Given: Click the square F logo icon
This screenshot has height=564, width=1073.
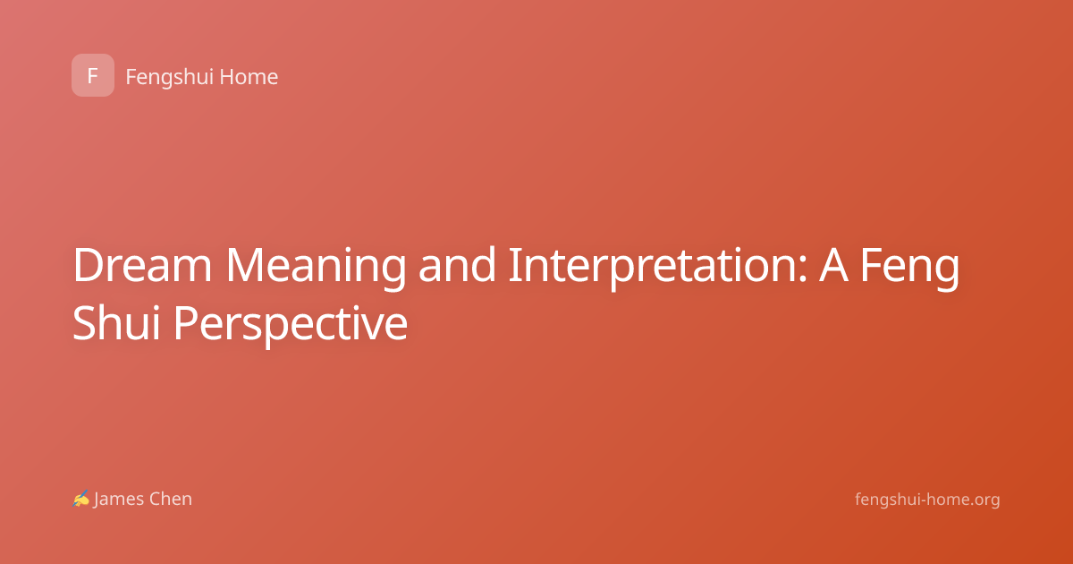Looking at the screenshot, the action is coord(93,75).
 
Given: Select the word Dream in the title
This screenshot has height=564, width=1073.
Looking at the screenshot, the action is coord(142,265).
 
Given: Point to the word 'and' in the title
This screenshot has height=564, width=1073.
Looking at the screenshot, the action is coord(457,264).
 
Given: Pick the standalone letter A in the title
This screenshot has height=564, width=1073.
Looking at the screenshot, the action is coord(834,265).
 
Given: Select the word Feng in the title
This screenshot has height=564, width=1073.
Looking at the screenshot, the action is coord(910,269).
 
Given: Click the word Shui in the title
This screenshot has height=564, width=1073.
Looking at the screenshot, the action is coord(116,322).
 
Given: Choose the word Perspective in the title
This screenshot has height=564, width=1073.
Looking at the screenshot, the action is coord(291,326).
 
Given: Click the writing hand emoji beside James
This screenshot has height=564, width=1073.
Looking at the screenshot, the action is coord(81,499).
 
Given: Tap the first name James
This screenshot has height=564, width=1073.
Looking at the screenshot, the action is coord(119,500).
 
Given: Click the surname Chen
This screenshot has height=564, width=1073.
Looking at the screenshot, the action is coord(171,499).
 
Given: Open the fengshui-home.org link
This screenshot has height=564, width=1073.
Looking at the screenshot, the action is coord(927,500).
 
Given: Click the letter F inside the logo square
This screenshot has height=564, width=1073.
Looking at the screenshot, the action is coord(93,75).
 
